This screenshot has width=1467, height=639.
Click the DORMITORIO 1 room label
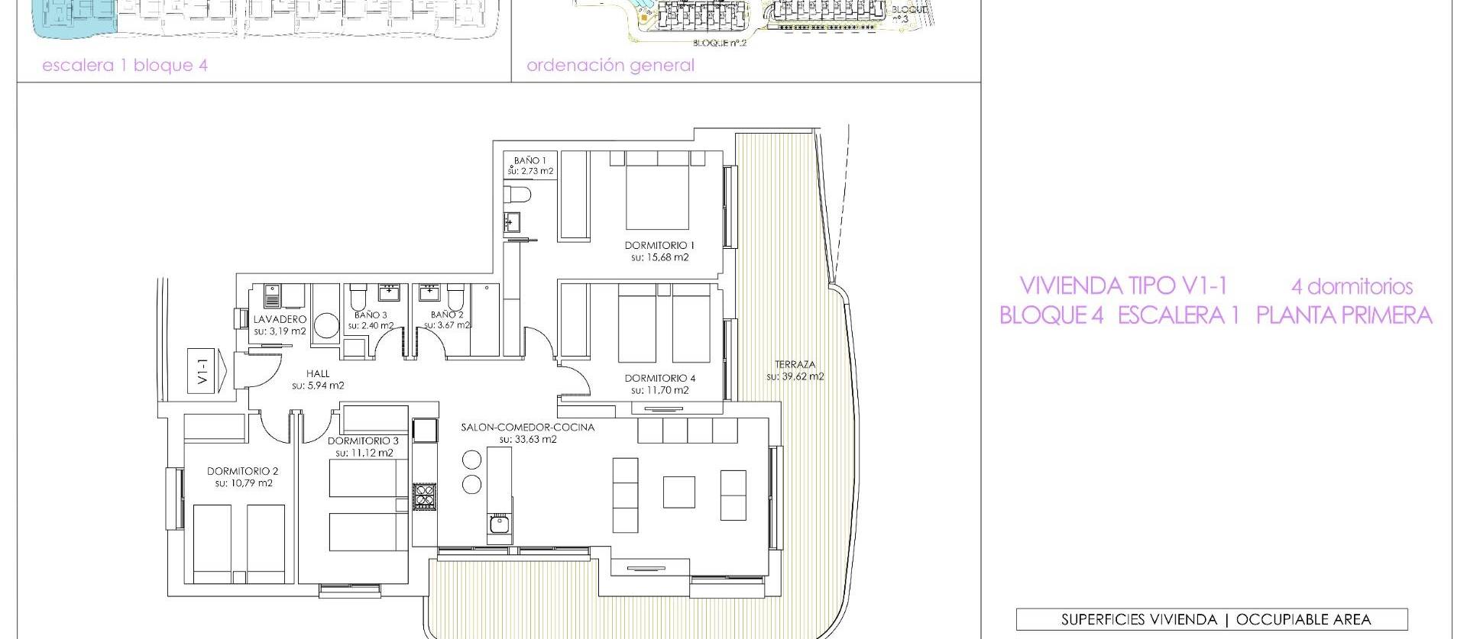(x=659, y=245)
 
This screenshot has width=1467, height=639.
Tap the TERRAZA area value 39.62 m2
(x=795, y=376)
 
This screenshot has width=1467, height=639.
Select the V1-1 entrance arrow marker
(x=207, y=371)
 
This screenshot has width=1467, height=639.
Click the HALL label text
(x=318, y=373)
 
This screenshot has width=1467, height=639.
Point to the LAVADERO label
(x=280, y=319)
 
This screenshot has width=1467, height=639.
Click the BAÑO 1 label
(x=530, y=160)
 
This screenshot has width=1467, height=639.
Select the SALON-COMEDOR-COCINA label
(x=527, y=427)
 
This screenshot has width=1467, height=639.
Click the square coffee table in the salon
(x=678, y=492)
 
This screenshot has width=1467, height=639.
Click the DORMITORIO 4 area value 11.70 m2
(x=660, y=390)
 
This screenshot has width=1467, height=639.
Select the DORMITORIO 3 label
(x=363, y=441)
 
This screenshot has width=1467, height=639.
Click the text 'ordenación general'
(x=610, y=66)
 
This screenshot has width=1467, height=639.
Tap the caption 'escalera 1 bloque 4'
(x=125, y=66)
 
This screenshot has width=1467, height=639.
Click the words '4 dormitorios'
(x=1351, y=287)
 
